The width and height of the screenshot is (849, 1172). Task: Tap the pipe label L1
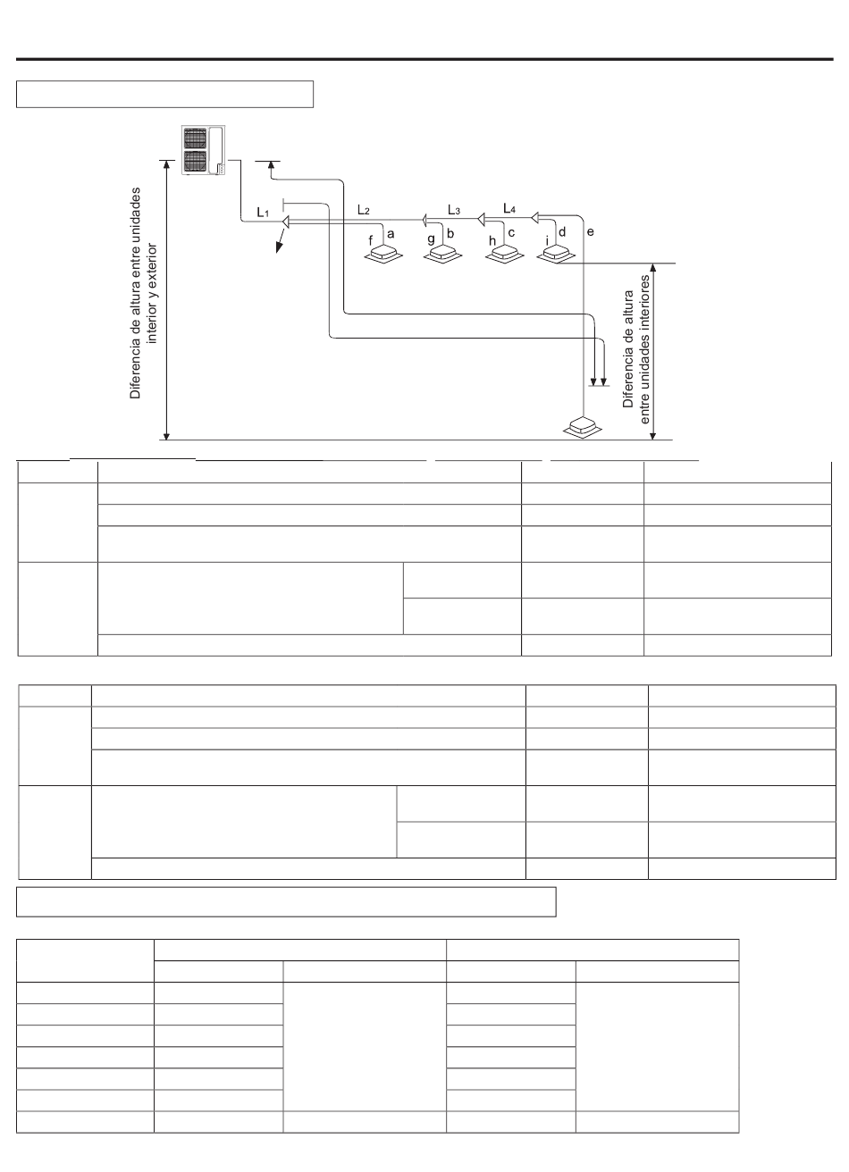263,213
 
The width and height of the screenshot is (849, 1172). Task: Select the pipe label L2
363,210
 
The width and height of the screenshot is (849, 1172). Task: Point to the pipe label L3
454,210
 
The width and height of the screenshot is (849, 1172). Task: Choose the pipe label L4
509,208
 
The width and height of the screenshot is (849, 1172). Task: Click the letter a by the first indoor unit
391,231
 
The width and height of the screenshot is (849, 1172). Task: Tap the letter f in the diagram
371,240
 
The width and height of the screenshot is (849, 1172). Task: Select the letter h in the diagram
491,240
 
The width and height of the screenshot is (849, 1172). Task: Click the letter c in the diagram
511,232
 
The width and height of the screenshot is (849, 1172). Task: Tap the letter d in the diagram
562,231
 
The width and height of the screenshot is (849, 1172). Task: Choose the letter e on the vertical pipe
590,231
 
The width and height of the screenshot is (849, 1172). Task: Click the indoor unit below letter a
386,255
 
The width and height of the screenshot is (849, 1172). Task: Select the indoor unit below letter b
444,255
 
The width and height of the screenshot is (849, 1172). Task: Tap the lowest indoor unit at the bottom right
583,426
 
